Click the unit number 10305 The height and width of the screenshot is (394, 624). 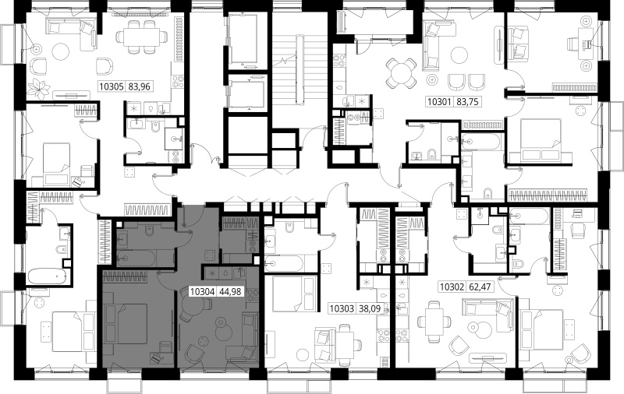tap(112, 86)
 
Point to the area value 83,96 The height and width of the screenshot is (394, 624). tap(140, 86)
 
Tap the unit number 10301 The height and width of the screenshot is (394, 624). tap(439, 102)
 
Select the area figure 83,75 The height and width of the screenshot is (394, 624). tap(466, 102)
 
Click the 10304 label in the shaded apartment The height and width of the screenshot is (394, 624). tap(203, 292)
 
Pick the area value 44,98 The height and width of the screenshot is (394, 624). tap(230, 292)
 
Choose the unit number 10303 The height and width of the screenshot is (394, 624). tap(342, 308)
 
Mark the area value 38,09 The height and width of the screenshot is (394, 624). tap(369, 308)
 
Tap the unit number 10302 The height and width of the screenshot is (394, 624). tap(452, 287)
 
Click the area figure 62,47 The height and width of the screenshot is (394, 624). tap(480, 287)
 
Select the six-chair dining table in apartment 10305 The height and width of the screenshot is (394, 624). tap(141, 37)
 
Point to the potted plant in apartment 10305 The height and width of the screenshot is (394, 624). tap(39, 89)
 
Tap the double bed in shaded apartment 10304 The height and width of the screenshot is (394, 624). tap(126, 323)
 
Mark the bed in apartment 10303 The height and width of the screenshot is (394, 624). tap(294, 294)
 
